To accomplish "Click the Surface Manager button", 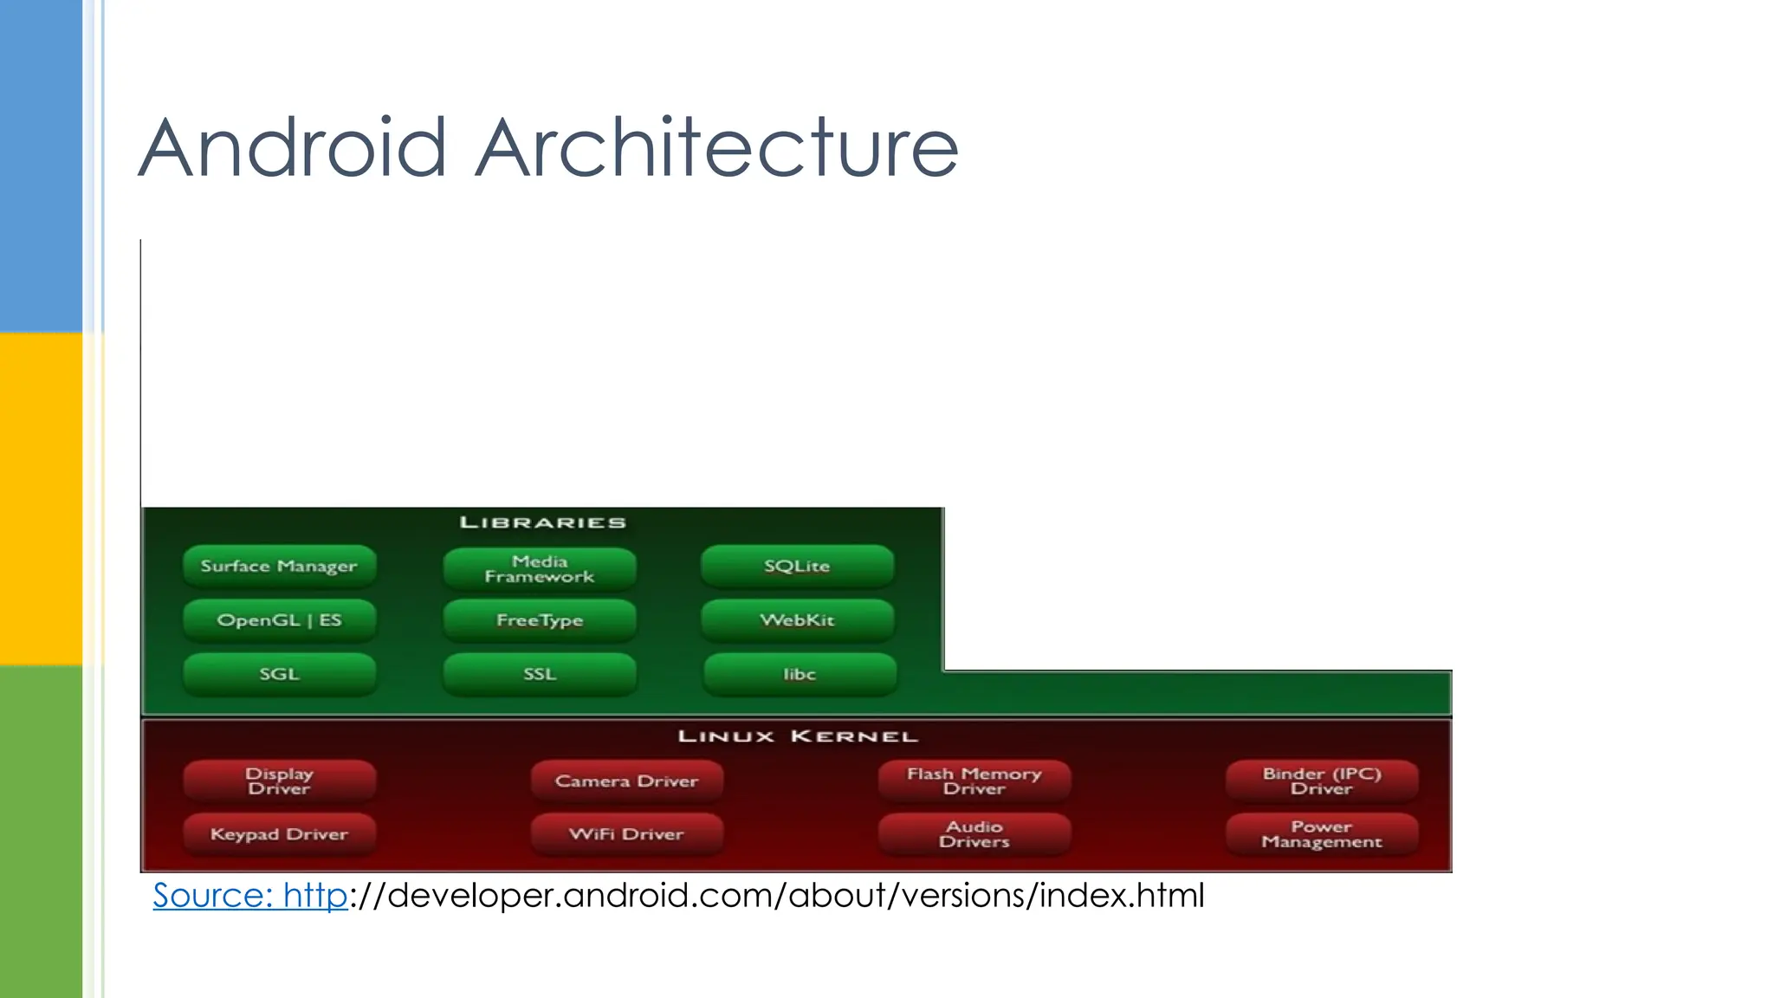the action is coord(279,567).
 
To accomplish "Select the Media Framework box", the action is coord(540,569).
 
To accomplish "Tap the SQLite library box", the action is coord(797,567).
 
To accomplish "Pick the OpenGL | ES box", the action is coord(279,620).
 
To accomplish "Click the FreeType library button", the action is coord(540,620).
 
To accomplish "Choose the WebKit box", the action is coord(797,620).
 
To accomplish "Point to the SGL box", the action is coord(279,674).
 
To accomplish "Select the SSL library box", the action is coord(540,674).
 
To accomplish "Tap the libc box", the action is coord(800,674).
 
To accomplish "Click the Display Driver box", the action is coord(279,781).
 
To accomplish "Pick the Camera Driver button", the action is coord(626,781).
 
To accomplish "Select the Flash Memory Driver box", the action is coord(974,781).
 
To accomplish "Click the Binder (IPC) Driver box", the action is coord(1322,781).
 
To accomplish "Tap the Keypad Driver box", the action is coord(279,834).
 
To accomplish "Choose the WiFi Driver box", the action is coord(626,834).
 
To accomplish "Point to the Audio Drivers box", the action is coord(974,834).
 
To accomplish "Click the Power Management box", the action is coord(1322,834).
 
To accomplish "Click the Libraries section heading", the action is coord(543,522).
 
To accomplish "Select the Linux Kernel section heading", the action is coord(798,736).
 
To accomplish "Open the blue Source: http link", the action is coord(250,896).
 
